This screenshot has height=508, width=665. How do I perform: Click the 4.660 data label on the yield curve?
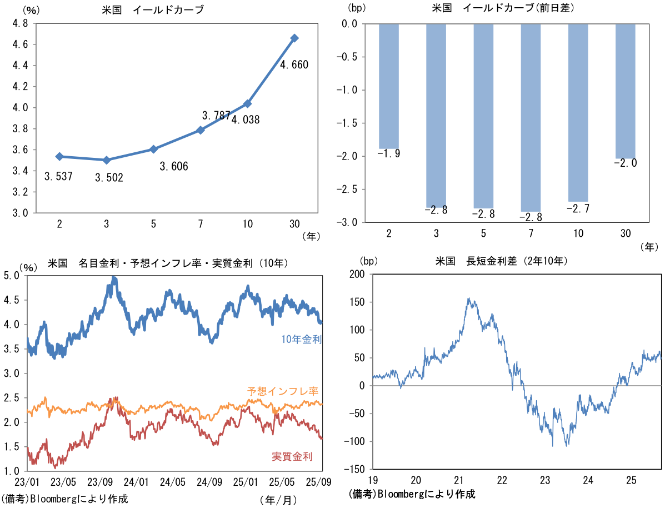tap(294, 65)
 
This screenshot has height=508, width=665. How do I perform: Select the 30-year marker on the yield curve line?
tap(294, 38)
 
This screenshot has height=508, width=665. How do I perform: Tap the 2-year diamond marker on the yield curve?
tap(59, 157)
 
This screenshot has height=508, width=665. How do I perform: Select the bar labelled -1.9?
tap(389, 86)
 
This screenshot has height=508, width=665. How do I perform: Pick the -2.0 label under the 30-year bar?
tap(625, 163)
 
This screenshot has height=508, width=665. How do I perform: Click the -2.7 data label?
tap(578, 208)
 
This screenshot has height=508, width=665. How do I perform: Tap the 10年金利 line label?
tap(302, 339)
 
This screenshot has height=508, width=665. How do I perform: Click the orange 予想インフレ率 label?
tap(283, 391)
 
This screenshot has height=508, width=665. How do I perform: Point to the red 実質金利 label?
tap(292, 456)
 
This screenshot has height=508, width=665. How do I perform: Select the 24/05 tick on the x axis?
tap(172, 481)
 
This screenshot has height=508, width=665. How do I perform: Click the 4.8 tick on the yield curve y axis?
tap(21, 23)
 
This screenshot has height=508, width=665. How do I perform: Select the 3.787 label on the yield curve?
tap(216, 116)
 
